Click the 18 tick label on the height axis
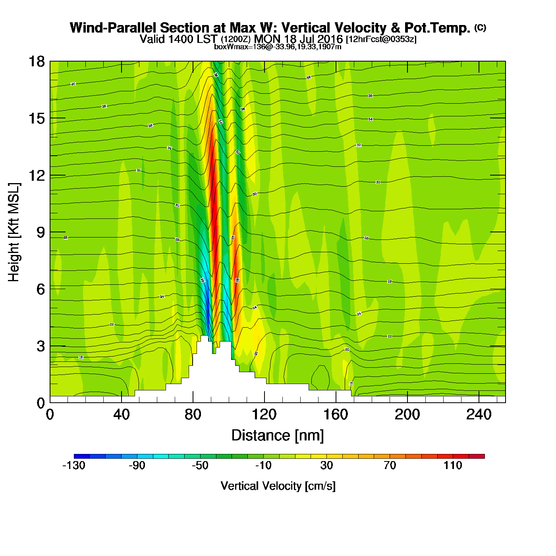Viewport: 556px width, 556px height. [x=36, y=62]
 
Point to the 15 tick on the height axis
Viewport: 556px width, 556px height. [x=36, y=118]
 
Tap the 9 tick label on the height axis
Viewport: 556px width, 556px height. [x=41, y=232]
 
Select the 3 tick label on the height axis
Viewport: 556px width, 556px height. [x=41, y=346]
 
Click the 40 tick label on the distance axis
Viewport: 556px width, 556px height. [x=121, y=415]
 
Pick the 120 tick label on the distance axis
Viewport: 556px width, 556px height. [x=264, y=415]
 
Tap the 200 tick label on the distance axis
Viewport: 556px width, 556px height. [x=407, y=415]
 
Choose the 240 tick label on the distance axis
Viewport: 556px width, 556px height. [x=479, y=415]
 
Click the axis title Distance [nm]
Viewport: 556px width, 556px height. [x=278, y=436]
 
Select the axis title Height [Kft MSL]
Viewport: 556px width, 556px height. [x=14, y=232]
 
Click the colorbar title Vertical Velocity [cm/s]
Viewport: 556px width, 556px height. [x=278, y=486]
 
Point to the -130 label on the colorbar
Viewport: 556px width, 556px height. [x=74, y=465]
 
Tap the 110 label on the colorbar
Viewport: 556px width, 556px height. [x=453, y=465]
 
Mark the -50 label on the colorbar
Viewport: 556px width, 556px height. [x=200, y=465]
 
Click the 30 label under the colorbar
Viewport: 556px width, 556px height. [x=326, y=465]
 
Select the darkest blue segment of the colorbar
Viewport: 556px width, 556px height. [x=82, y=456]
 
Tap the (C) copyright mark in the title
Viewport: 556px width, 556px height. [x=480, y=27]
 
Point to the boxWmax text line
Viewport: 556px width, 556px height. [x=278, y=46]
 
